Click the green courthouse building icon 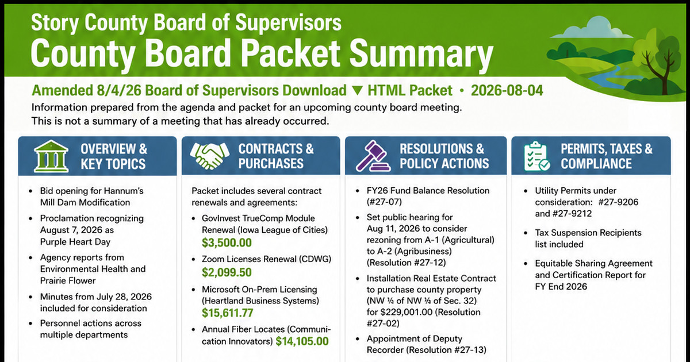pyautogui.click(x=51, y=156)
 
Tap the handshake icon pyautogui.click(x=209, y=156)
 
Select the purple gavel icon pyautogui.click(x=373, y=156)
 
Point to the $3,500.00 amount pyautogui.click(x=227, y=243)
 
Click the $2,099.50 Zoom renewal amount pyautogui.click(x=227, y=272)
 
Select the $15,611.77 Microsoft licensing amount pyautogui.click(x=227, y=313)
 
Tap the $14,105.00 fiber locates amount pyautogui.click(x=302, y=341)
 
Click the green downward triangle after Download pyautogui.click(x=357, y=91)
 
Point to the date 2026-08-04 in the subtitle pyautogui.click(x=507, y=91)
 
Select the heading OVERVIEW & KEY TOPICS pyautogui.click(x=114, y=156)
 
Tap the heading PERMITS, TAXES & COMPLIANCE pyautogui.click(x=607, y=156)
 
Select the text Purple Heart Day pyautogui.click(x=75, y=242)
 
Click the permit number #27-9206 pyautogui.click(x=618, y=202)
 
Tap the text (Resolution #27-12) pyautogui.click(x=407, y=263)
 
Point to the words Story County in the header pyautogui.click(x=89, y=23)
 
